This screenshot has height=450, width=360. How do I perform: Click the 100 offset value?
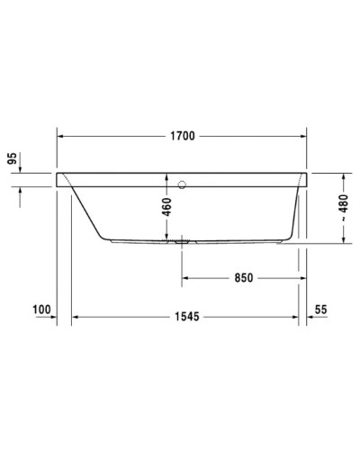[x=40, y=310]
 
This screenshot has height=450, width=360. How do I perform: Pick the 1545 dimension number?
[x=185, y=317]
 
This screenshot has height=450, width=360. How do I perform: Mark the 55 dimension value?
[x=322, y=310]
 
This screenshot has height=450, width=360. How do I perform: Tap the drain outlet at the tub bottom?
[x=182, y=241]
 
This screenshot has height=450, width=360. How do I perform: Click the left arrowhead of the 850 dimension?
[x=186, y=276]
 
